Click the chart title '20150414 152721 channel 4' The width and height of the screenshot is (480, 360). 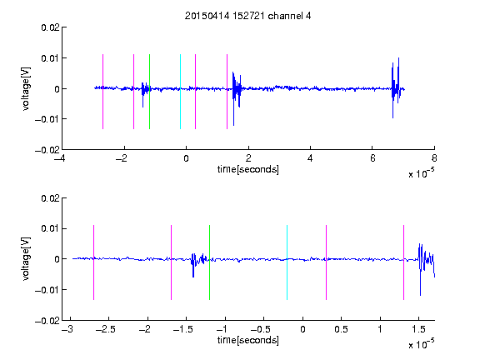coord(247,16)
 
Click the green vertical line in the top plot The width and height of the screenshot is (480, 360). coord(149,92)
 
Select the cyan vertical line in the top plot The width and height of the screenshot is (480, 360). coord(180,92)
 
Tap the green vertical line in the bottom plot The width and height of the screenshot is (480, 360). coord(209,262)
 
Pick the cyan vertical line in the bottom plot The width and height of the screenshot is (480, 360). coord(287,262)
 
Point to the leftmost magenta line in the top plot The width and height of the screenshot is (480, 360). coord(102,92)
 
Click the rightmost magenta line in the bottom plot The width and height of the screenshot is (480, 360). coord(403,262)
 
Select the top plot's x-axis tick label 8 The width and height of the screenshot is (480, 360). coord(434,158)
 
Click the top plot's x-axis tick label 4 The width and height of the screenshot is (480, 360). coord(310,158)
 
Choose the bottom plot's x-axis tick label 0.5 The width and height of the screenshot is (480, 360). coord(341,329)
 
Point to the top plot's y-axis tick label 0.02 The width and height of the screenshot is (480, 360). coord(50,27)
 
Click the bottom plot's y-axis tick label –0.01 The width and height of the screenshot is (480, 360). coord(47,290)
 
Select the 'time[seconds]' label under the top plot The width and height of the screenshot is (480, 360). coord(248,169)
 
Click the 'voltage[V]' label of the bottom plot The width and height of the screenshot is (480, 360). coord(27,258)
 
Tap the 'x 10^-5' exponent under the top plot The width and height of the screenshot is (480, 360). coord(421,173)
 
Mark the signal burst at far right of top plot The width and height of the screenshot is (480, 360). coord(397,87)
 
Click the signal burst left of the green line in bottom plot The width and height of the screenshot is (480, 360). coord(198,262)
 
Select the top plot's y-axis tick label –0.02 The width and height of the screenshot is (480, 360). coord(47,150)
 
